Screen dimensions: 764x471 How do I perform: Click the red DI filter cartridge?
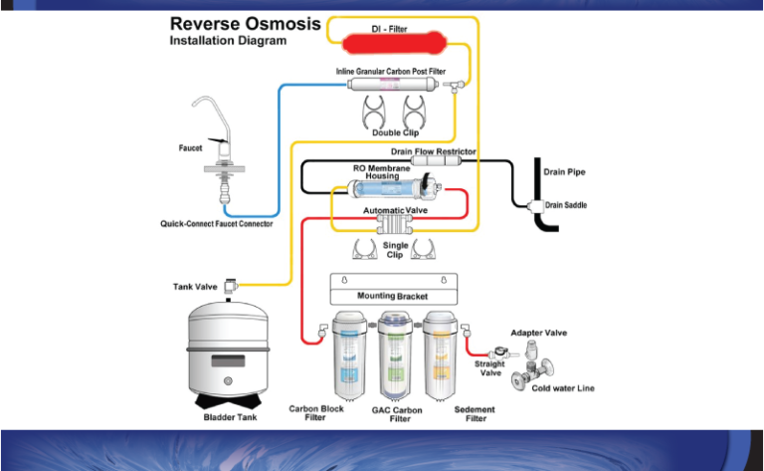pos(394,43)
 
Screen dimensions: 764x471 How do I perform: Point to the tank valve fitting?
pos(231,286)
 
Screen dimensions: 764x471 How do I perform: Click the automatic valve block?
pos(395,224)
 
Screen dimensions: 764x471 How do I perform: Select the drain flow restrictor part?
pos(436,160)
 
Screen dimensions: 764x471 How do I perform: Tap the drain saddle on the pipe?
pos(535,206)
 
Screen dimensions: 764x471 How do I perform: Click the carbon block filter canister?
pos(349,354)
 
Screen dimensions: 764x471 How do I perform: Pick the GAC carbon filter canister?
pos(395,354)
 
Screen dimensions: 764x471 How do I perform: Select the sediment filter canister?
pos(441,354)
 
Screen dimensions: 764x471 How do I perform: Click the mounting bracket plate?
pos(394,289)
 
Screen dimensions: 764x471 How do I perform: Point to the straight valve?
pos(501,353)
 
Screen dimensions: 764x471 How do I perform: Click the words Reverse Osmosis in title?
pos(245,24)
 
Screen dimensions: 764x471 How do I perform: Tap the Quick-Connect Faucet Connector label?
pos(216,224)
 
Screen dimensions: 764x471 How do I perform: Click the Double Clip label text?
pos(395,132)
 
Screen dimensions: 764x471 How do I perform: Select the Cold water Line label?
pos(563,388)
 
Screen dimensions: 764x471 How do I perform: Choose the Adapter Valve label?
pos(538,333)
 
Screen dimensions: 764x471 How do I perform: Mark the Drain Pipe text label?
pos(564,171)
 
